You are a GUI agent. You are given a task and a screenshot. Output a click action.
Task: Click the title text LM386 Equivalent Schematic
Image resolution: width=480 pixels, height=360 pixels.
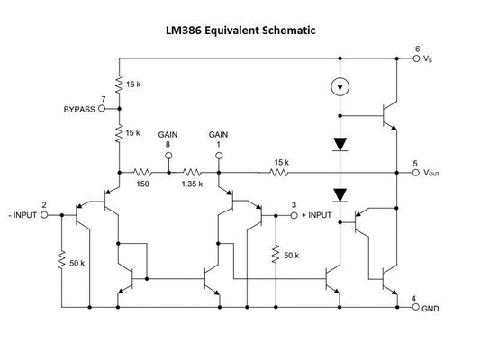(x=240, y=31)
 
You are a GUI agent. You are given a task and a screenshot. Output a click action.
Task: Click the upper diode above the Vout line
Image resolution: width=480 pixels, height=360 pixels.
(x=339, y=143)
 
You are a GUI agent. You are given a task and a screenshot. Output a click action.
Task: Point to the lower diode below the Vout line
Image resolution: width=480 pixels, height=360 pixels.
(x=339, y=194)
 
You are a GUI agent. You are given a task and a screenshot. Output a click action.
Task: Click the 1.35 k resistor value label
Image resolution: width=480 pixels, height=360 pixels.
(x=192, y=183)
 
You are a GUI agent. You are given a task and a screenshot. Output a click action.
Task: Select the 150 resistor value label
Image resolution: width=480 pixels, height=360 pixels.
(x=143, y=183)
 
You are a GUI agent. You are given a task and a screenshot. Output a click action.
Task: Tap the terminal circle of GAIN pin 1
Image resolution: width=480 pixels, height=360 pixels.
(x=219, y=154)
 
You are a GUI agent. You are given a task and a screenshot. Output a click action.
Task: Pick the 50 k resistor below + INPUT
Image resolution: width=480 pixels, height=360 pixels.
(x=276, y=255)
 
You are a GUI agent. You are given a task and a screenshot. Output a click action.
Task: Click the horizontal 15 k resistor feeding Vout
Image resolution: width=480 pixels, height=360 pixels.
(x=280, y=171)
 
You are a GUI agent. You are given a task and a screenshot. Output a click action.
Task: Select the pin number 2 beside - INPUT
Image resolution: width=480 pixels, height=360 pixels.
(x=58, y=205)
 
